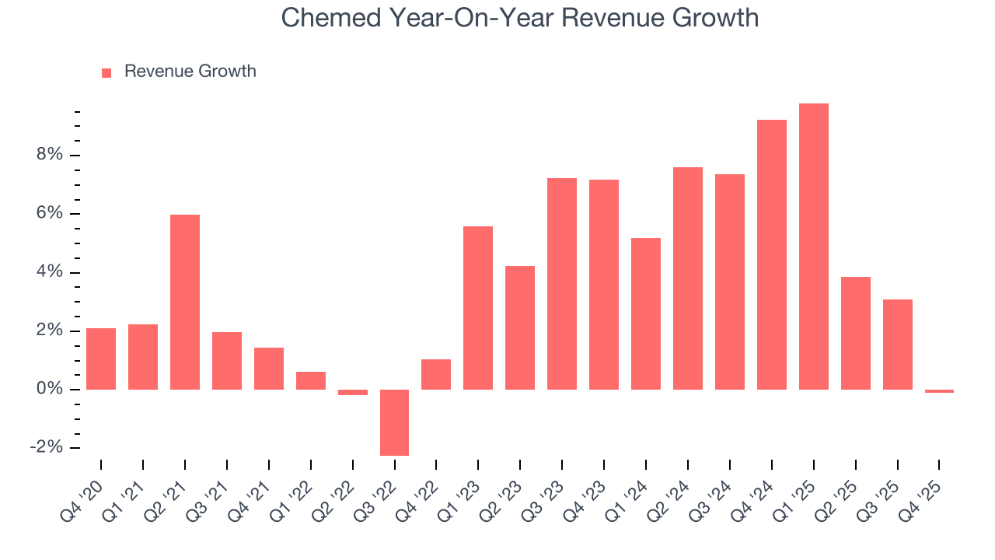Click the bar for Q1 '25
coord(814,247)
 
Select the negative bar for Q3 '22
coord(394,422)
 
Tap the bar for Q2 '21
coord(185,302)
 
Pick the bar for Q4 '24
coord(772,254)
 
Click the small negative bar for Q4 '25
coord(939,391)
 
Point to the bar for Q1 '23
coord(478,308)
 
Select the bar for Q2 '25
coord(856,333)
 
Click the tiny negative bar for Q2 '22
coord(353,392)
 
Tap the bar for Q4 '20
coord(101,359)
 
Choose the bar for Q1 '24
coord(646,313)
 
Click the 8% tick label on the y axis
coord(49,155)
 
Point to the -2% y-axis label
coord(46,447)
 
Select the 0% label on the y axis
coord(49,389)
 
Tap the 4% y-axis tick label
coord(49,272)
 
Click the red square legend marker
coord(106,72)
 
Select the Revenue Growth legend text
coord(190,72)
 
